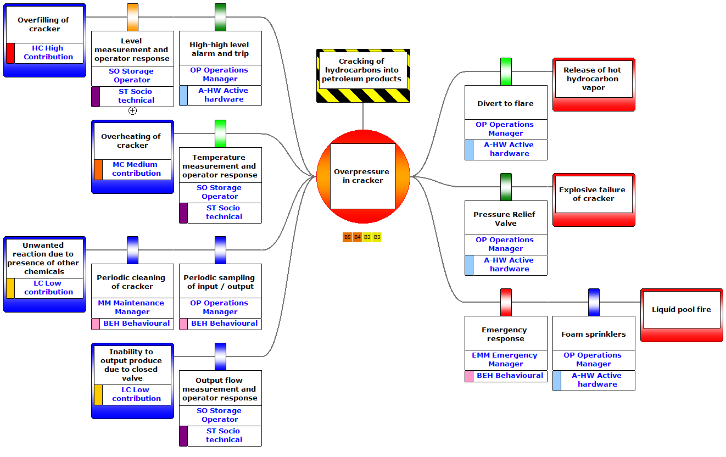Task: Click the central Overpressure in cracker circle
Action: point(363,176)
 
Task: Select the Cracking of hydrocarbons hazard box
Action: point(363,70)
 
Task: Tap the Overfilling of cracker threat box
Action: point(44,25)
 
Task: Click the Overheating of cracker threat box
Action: point(132,141)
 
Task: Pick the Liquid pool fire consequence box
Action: point(682,310)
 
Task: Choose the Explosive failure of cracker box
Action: point(594,194)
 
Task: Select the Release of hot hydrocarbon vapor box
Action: point(594,79)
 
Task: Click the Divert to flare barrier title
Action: point(506,103)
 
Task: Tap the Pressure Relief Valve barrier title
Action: point(506,219)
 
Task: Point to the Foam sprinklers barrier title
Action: point(594,334)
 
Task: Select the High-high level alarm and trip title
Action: point(220,49)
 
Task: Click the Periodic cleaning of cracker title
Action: point(132,282)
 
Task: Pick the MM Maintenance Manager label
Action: point(132,307)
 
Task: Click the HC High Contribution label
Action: point(48,52)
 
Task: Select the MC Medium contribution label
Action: point(136,169)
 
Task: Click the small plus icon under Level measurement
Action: point(132,110)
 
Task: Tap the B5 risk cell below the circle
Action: point(347,237)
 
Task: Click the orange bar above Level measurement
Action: point(132,17)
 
